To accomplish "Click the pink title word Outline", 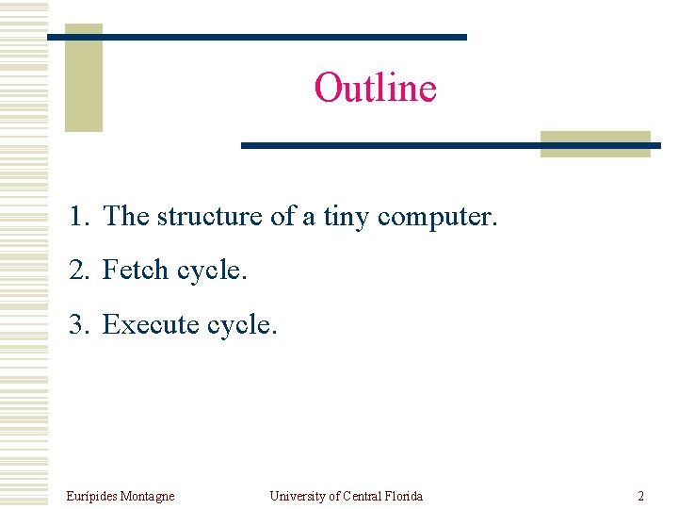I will coord(375,88).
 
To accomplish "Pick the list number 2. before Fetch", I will coord(79,271).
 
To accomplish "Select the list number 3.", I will coord(79,325).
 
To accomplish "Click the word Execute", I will coord(151,325).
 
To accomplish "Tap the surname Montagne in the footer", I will coord(149,496).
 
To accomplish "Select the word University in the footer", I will coord(298,496).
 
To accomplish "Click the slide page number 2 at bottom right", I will coord(640,496).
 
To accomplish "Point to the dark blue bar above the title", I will coord(256,37).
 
